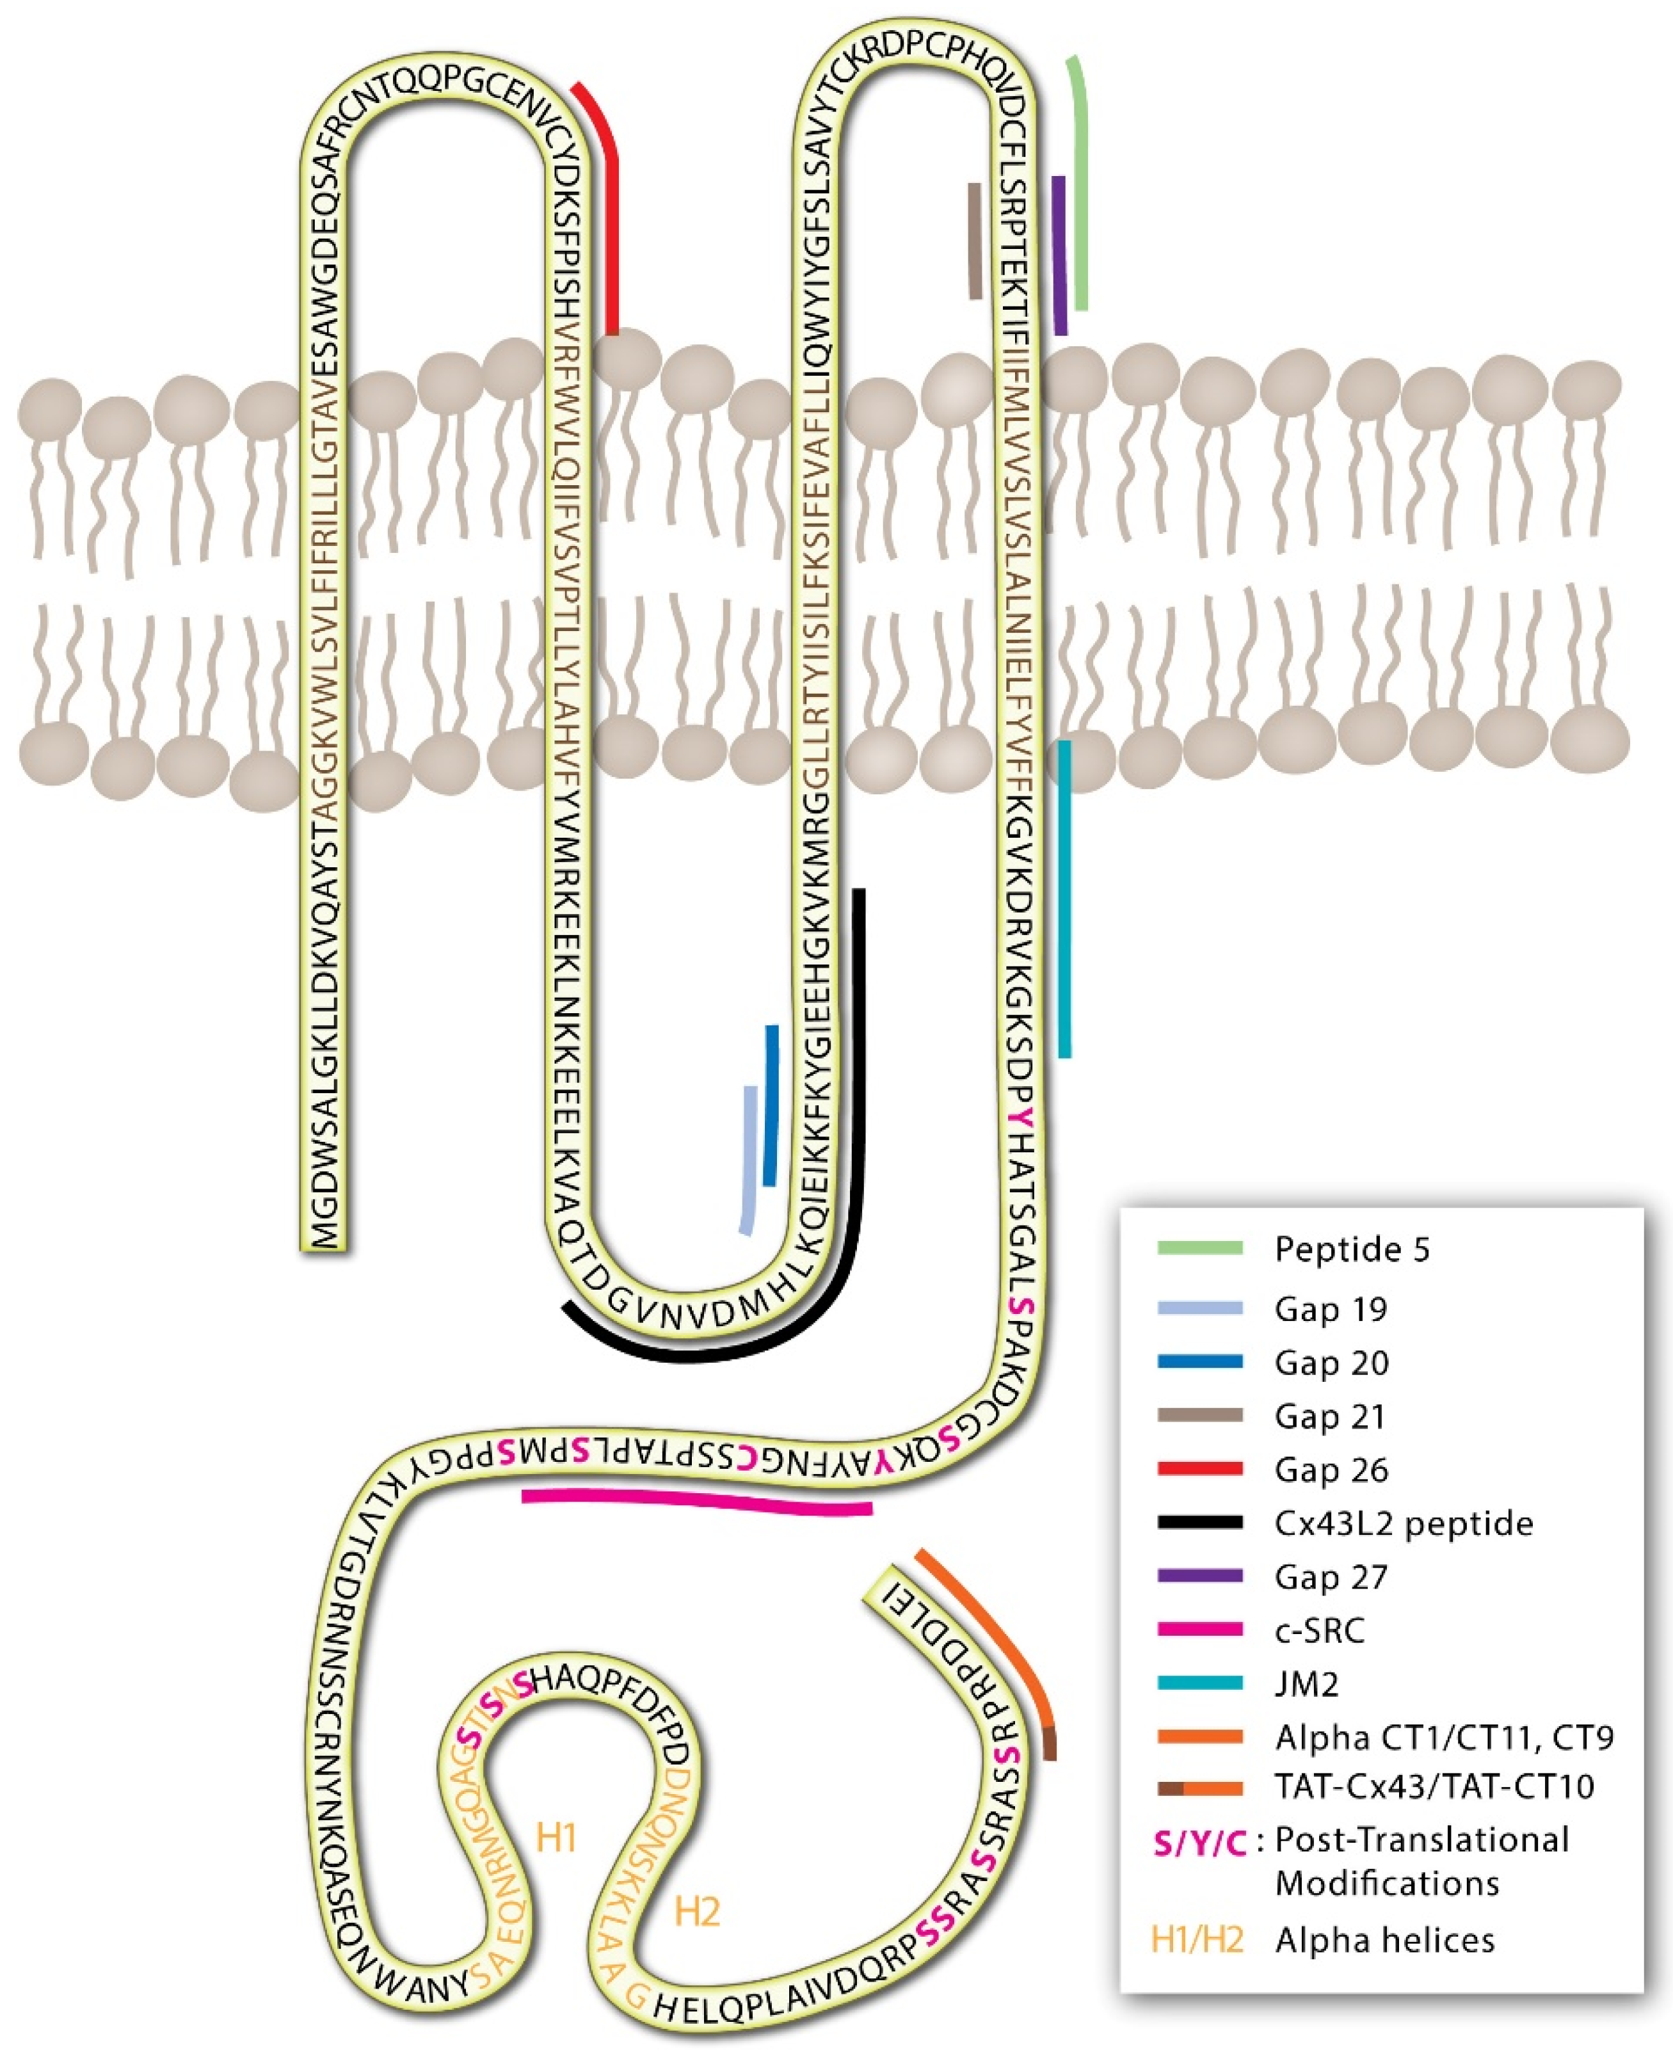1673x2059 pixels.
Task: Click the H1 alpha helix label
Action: click(556, 1838)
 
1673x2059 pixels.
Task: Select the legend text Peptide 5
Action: click(1352, 1249)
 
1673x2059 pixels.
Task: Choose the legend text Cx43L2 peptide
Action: click(1403, 1523)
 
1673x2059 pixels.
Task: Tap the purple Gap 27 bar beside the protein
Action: click(1060, 255)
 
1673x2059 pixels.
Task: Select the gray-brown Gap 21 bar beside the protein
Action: click(975, 241)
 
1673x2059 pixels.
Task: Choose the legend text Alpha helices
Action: click(1385, 1939)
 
